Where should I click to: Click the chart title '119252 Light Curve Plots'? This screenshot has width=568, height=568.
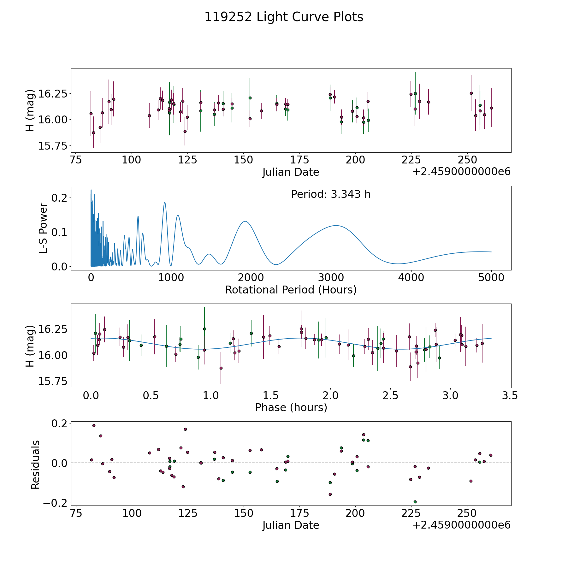coord(284,17)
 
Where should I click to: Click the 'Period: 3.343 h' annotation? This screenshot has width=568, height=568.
coord(331,194)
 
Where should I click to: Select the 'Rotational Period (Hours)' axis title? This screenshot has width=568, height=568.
coord(291,290)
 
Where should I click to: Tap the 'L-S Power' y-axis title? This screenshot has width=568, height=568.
coord(43,228)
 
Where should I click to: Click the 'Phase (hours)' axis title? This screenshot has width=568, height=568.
coord(291,407)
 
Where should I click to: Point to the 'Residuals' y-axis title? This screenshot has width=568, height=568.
coord(35,464)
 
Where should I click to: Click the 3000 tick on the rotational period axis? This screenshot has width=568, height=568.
coord(331,278)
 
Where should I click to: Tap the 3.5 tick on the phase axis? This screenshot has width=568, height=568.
coord(510,395)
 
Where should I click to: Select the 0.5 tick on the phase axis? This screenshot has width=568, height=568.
coord(151,395)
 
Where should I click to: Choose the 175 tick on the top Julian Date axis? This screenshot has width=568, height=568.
coord(299,160)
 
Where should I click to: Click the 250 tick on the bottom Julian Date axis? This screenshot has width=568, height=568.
coord(467,513)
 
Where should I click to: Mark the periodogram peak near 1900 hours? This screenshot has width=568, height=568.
coord(245,222)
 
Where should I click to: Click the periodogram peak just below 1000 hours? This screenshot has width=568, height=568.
coord(165,202)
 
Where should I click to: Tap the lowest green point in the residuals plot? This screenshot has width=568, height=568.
coord(415,502)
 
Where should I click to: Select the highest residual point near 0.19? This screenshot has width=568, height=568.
coord(94,425)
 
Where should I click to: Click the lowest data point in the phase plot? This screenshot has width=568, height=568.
coord(221,368)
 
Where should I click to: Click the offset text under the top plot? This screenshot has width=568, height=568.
coord(461,172)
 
